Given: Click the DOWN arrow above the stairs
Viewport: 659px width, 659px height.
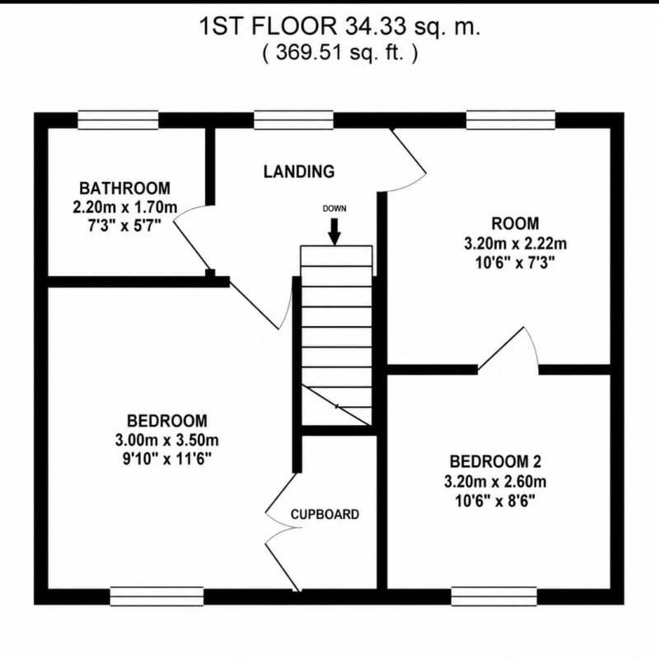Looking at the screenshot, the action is click(334, 231).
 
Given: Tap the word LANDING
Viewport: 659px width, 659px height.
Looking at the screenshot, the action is click(299, 171).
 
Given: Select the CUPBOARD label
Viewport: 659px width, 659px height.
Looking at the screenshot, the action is click(325, 514).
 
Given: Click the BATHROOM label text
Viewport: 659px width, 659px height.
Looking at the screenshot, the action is click(125, 189).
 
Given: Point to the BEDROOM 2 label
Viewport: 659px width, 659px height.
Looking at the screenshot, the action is click(496, 461).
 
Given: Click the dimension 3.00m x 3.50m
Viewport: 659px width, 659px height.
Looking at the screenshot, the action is click(167, 440).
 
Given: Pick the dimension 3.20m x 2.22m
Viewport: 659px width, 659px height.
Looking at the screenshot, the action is click(516, 243).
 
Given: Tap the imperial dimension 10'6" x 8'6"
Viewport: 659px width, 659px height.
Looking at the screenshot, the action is click(495, 501).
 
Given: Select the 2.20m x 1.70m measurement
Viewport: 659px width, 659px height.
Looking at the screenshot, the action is click(125, 208).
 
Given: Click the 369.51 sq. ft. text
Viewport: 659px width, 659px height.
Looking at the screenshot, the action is click(340, 53).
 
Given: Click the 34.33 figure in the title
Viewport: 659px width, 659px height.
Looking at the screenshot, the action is click(376, 27).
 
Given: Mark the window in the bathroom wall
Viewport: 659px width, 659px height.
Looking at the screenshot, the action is click(118, 119).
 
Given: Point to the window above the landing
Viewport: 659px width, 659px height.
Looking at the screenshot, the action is click(294, 119).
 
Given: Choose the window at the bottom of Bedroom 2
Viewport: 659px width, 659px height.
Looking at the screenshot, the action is click(494, 596).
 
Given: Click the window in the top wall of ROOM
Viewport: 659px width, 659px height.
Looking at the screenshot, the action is click(511, 119).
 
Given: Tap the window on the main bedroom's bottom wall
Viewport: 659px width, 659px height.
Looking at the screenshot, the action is click(157, 596).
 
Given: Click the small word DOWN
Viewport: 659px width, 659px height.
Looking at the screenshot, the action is click(334, 208).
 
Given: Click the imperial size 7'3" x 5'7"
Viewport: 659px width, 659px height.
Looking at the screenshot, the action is click(125, 227).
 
